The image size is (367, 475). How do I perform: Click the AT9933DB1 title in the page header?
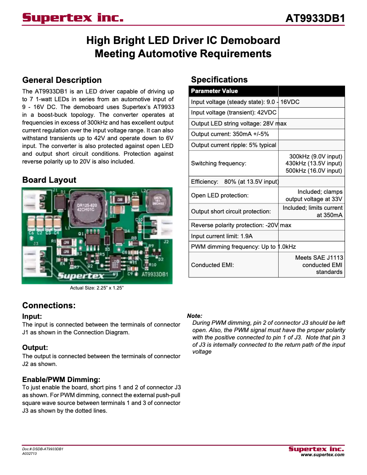315,19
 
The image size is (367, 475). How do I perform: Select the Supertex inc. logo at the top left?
73,18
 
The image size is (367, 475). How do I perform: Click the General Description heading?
62,80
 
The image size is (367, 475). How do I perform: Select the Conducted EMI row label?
212,265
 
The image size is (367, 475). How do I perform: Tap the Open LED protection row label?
220,196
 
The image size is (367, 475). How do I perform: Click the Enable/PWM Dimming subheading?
61,379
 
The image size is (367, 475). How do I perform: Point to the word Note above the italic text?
195,316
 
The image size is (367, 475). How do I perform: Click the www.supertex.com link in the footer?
322,455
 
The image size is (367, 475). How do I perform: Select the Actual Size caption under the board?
97,288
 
